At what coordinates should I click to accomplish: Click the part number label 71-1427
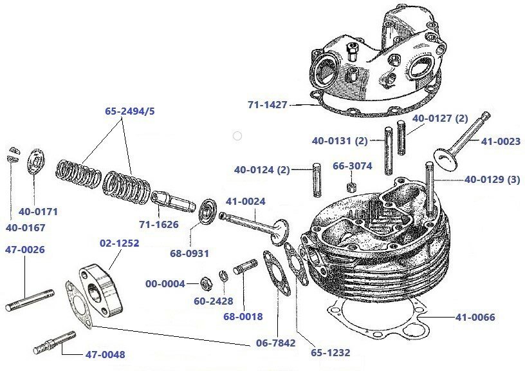(x=267, y=104)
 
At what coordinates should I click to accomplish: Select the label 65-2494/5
(x=130, y=111)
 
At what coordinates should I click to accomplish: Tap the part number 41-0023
(x=500, y=142)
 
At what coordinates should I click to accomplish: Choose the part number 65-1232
(x=329, y=352)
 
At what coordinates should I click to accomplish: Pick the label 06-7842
(x=275, y=343)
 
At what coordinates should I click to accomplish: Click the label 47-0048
(x=106, y=354)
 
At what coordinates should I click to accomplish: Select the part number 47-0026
(x=25, y=249)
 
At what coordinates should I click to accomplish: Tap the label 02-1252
(x=119, y=243)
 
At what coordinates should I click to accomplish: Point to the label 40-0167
(x=21, y=227)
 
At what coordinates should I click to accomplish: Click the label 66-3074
(x=353, y=166)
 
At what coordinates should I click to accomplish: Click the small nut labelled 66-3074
(x=353, y=187)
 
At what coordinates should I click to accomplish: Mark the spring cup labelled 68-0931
(x=206, y=211)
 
